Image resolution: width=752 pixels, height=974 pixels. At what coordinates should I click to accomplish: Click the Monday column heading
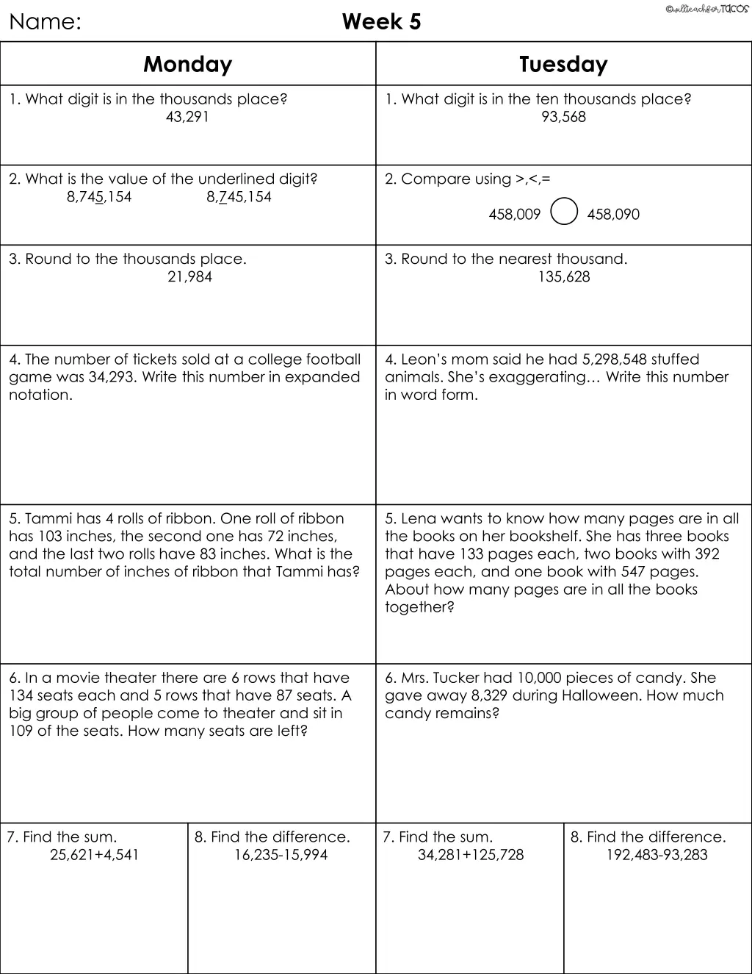coord(188,65)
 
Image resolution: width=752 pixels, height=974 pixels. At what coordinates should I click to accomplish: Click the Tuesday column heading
coord(563,65)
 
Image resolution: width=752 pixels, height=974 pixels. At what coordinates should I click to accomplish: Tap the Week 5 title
coord(381,22)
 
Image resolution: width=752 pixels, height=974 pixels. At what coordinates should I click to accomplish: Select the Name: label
coord(45,22)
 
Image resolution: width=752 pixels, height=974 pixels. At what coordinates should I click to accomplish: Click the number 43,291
coord(187,117)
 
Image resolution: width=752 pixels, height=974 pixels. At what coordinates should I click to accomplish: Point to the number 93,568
coord(563,117)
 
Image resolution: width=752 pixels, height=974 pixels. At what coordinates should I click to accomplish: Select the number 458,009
coord(514,215)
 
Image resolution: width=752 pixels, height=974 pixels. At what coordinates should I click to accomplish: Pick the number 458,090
coord(613,215)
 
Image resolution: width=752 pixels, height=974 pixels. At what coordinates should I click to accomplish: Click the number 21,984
coord(189,277)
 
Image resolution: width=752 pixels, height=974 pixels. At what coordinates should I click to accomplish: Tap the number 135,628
coord(563,277)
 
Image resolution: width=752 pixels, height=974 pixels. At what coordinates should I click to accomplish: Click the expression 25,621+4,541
coord(94,855)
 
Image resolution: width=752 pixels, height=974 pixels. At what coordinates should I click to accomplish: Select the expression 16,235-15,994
coord(281,855)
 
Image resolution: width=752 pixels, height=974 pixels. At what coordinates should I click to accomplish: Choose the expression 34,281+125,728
coord(471,855)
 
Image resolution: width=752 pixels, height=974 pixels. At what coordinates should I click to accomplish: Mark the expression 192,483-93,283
coord(657,855)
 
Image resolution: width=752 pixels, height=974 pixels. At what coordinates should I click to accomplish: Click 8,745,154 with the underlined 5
coord(99,197)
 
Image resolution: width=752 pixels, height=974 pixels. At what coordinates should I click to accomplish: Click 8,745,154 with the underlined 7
coord(239,197)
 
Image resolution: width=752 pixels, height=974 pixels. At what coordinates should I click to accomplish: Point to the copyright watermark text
coord(706,8)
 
